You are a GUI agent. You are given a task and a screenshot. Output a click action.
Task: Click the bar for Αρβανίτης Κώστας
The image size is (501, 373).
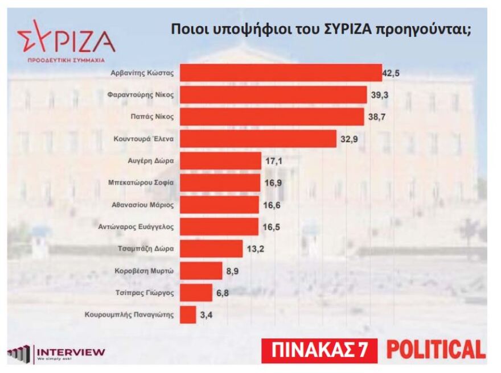[281, 73]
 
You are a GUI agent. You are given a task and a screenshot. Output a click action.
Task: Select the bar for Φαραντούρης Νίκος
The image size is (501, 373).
[273, 95]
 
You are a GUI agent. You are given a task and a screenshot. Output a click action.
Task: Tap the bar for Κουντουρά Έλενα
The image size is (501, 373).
[258, 139]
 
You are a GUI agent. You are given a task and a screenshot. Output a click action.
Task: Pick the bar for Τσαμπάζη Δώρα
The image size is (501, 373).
[211, 248]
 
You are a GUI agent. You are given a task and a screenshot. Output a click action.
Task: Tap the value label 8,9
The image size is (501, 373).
[232, 271]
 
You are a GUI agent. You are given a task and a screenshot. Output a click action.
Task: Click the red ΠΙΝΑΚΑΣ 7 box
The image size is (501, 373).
[319, 350]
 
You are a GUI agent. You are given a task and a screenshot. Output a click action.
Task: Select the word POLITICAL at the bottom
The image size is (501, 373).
[436, 349]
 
